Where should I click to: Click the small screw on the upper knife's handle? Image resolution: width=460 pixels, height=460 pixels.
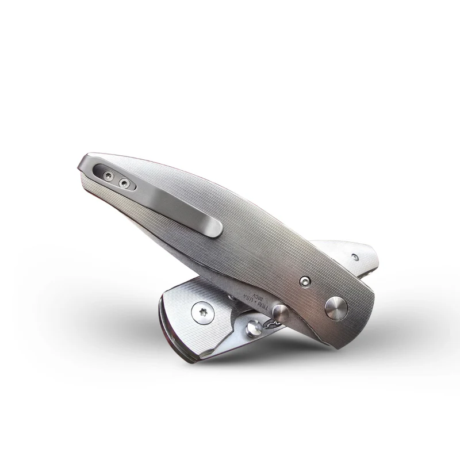305,281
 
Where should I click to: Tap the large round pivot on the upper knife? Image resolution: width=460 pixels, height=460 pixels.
336,308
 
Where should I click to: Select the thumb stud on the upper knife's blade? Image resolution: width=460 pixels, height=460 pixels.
280,313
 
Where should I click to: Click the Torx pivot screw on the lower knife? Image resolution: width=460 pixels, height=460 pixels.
202,312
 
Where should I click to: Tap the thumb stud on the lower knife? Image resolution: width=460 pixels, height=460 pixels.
254,328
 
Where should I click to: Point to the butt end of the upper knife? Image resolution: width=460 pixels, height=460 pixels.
83,164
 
